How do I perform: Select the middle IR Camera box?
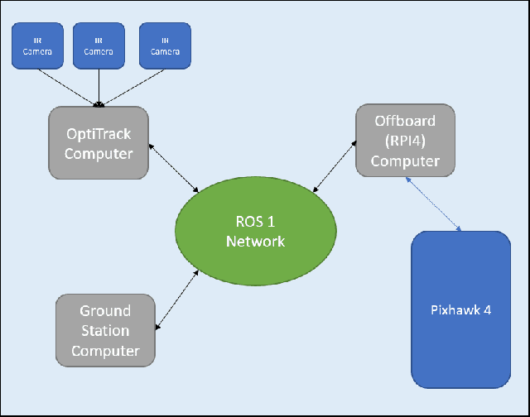point(99,46)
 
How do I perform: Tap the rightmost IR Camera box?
point(165,46)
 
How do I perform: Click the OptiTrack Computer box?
point(99,142)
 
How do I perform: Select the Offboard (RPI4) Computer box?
point(405,140)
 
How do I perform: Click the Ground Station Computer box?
point(105,330)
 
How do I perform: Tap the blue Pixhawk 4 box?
point(460,309)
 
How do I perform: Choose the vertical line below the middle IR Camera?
point(99,87)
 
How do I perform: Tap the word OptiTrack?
point(99,133)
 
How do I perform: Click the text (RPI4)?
point(405,140)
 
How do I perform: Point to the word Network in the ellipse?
point(256,242)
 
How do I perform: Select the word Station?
point(105,331)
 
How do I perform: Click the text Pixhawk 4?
point(460,310)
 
